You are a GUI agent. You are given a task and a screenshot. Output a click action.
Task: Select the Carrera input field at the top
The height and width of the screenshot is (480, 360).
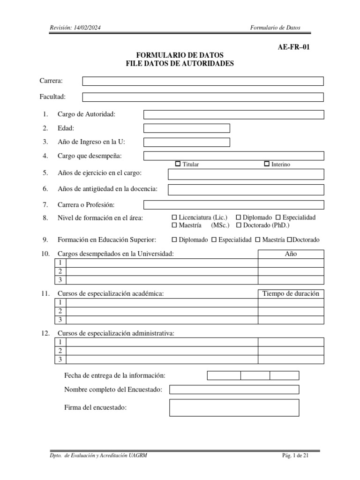202,81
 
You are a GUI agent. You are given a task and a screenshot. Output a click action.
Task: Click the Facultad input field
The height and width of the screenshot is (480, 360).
202,97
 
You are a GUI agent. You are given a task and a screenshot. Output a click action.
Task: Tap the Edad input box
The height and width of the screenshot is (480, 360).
187,128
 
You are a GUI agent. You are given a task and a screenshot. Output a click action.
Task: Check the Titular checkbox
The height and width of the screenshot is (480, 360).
178,164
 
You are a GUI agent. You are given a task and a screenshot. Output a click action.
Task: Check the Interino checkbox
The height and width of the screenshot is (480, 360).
267,164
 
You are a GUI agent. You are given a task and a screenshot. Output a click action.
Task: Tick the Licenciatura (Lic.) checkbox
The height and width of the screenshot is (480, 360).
175,217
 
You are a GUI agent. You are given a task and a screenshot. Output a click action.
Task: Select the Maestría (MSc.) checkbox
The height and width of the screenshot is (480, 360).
175,225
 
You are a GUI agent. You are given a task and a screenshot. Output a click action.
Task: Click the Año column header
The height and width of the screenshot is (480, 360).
291,254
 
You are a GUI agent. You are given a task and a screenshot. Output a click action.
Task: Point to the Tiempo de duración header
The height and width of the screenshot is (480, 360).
291,293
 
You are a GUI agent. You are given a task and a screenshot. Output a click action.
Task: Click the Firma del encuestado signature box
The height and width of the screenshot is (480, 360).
234,408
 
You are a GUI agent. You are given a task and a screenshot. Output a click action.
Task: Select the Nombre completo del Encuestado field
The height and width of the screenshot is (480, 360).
234,390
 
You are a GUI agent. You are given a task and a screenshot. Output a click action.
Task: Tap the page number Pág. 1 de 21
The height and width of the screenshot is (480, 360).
295,456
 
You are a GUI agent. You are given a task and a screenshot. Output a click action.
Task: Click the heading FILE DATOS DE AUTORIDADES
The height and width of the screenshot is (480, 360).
180,64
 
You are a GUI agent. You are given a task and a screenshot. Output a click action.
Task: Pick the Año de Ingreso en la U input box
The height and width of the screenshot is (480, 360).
187,142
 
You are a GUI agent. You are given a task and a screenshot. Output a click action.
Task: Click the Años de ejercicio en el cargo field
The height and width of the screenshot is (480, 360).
246,174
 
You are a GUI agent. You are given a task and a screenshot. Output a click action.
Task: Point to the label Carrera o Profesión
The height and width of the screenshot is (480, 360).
86,205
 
